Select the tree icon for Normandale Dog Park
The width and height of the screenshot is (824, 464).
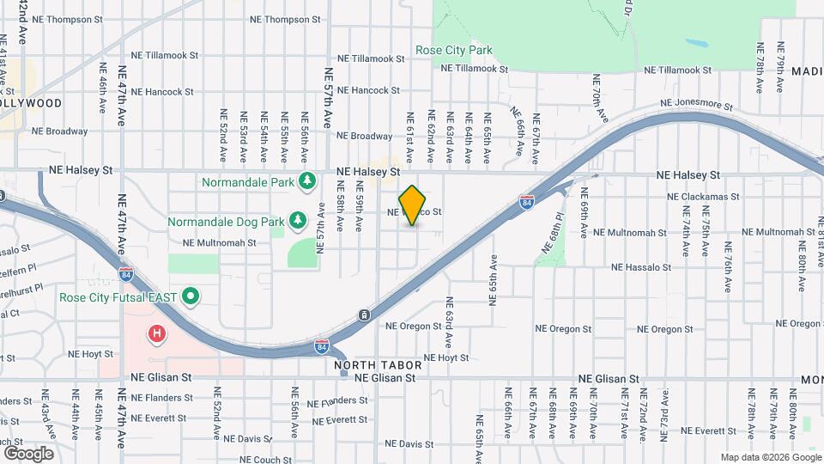coord(298,221)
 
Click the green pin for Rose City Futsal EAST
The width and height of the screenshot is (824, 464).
coord(192,297)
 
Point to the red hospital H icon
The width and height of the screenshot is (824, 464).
coord(156,333)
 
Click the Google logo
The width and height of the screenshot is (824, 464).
coord(28,453)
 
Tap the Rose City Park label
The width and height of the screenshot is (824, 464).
coord(454,50)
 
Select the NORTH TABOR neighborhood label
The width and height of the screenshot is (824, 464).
coord(367,365)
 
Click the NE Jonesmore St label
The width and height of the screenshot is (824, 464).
coord(695,105)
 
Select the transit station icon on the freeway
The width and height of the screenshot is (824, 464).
coord(366,315)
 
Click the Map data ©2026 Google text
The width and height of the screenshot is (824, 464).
coord(771,457)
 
